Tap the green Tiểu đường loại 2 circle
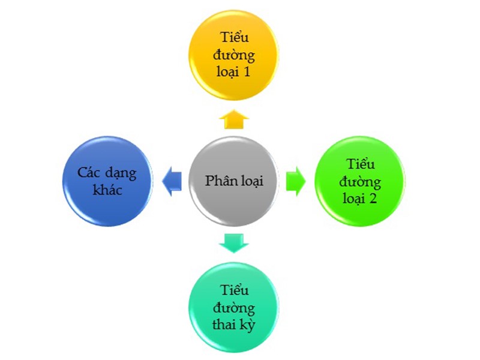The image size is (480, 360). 360,181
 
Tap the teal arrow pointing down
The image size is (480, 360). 233,242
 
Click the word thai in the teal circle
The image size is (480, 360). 225,326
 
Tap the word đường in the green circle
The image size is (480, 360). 359,181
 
